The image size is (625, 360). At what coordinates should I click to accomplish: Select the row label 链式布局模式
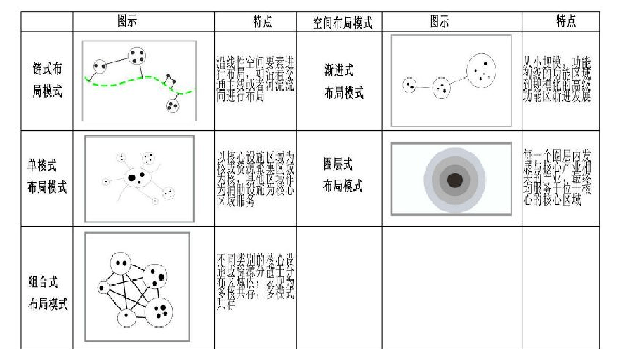(x=47, y=81)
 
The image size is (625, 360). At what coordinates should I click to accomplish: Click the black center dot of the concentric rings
(x=455, y=180)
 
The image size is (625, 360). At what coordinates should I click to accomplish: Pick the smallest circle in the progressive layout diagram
(x=409, y=86)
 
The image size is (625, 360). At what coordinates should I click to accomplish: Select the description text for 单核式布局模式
(x=256, y=177)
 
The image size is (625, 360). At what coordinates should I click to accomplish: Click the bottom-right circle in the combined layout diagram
(x=161, y=309)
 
